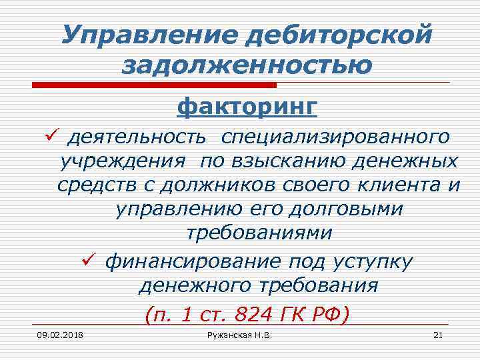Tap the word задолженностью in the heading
pos(247,65)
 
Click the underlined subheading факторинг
pos(247,105)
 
